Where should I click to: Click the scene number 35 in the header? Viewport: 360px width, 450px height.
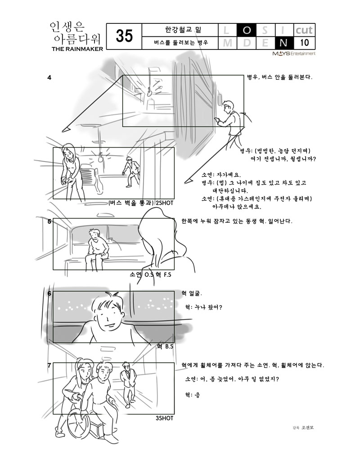(x=124, y=36)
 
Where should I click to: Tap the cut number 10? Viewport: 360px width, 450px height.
(x=304, y=43)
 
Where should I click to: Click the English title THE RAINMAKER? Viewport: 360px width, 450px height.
(x=77, y=49)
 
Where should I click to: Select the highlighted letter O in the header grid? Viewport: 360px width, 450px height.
(x=246, y=30)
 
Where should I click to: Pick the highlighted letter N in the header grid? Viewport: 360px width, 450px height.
(x=283, y=43)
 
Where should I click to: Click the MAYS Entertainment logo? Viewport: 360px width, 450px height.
(x=294, y=54)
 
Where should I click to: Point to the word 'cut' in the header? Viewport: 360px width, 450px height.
(x=304, y=30)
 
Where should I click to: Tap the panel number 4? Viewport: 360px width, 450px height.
(x=49, y=77)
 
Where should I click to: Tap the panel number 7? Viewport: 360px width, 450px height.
(x=49, y=365)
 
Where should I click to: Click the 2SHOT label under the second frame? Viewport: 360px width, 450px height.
(x=165, y=203)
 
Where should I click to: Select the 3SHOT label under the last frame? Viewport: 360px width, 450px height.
(x=165, y=418)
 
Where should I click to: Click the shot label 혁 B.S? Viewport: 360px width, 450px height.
(x=165, y=346)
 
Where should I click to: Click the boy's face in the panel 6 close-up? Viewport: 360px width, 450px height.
(x=108, y=315)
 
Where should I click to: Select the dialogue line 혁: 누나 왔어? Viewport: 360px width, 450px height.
(x=203, y=307)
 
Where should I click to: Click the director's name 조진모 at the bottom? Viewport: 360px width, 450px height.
(x=307, y=427)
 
